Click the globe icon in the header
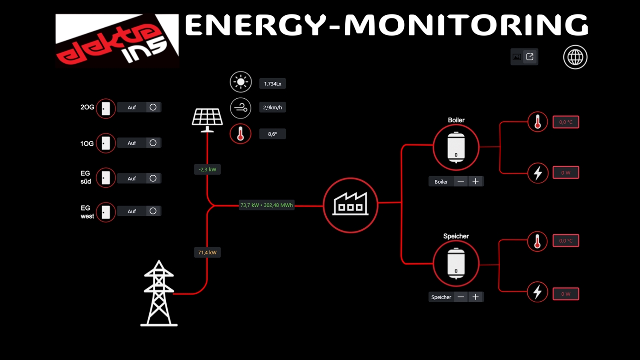575,57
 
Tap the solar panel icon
207,119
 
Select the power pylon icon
159,294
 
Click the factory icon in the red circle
350,204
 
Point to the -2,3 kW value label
207,170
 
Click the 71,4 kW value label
207,253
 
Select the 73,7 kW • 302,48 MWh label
266,205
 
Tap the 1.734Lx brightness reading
273,84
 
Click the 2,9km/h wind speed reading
273,107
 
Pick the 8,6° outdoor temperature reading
273,134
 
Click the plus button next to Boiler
475,182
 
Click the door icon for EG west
106,212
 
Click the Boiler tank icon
456,147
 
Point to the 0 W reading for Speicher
566,294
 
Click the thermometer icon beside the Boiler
538,122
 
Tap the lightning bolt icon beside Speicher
538,291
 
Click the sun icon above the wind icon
241,82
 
